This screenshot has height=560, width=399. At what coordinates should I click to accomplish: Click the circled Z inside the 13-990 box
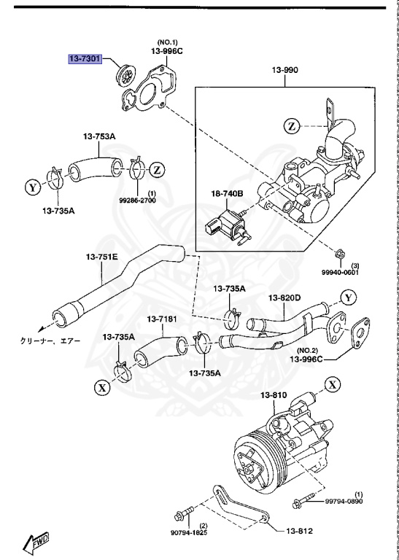[293, 126]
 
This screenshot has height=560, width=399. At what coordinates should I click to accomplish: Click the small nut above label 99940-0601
[341, 254]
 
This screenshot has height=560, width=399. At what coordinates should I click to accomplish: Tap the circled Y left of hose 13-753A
[33, 187]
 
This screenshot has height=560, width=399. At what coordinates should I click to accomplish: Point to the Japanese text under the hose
[50, 341]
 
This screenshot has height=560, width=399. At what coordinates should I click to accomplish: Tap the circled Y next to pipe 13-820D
[349, 297]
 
